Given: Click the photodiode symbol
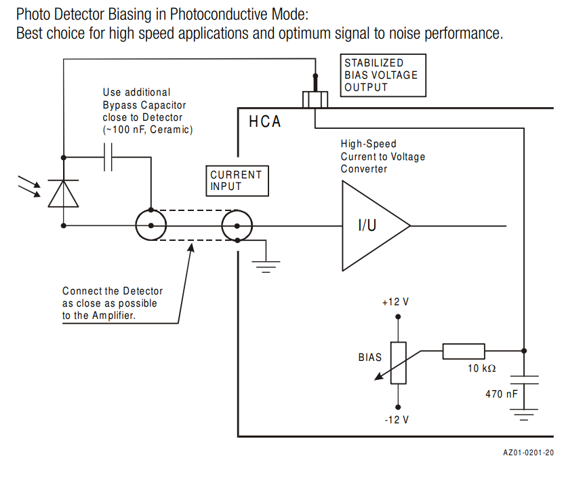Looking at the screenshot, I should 62,193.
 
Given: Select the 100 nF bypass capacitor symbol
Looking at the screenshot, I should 108,157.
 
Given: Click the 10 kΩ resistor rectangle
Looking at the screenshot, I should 464,351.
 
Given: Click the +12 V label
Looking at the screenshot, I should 396,302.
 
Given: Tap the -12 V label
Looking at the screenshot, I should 397,419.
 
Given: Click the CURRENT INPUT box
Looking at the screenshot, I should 236,180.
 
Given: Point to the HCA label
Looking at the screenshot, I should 264,122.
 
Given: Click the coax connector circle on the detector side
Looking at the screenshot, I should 150,225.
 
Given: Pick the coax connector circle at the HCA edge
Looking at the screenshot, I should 237,225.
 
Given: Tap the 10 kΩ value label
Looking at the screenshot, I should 481,368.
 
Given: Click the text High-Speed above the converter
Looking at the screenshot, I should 369,144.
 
